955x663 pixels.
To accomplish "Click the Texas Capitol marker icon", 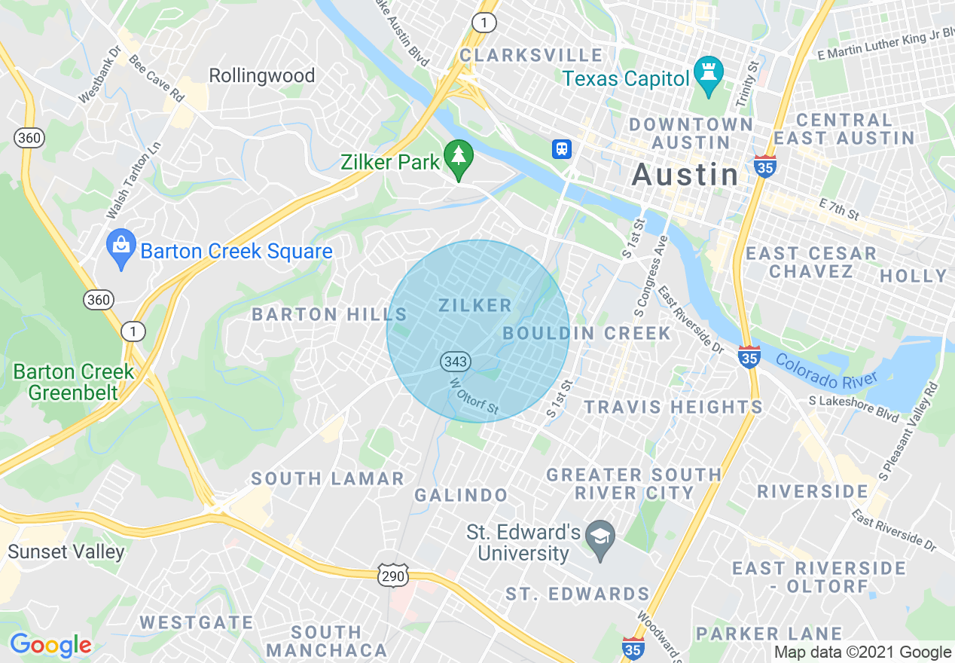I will [708, 74].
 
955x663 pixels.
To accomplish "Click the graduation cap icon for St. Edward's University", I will [600, 537].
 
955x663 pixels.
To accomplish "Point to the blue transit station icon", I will [561, 148].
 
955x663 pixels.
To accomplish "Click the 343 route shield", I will [456, 362].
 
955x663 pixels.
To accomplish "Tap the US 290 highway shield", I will [393, 576].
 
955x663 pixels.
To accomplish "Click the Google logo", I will [50, 645].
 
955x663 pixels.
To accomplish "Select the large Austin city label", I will [685, 175].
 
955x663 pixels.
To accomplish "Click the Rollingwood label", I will [261, 75].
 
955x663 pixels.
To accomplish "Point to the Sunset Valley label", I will [66, 551].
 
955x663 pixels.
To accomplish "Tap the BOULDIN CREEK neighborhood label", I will [587, 333].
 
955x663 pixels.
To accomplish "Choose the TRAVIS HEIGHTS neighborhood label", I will [674, 407].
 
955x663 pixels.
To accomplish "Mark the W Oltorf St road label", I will [474, 396].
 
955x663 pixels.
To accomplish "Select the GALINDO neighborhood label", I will [461, 495].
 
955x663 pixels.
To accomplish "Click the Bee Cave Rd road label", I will [157, 78].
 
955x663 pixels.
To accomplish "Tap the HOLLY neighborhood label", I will [913, 276].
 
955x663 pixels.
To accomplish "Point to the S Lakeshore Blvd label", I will [854, 407].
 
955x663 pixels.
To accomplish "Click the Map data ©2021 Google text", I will [863, 652].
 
